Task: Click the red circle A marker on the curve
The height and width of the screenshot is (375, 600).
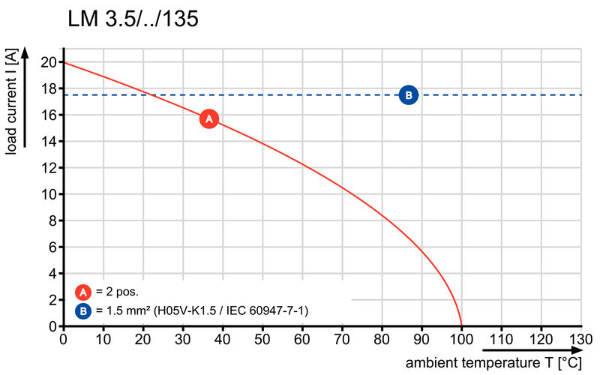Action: point(209,118)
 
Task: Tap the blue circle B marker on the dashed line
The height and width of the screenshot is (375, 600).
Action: point(408,94)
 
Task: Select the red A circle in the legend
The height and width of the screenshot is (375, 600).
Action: point(83,292)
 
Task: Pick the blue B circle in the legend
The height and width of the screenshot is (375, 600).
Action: point(83,310)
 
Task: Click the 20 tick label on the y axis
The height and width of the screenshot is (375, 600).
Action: point(49,62)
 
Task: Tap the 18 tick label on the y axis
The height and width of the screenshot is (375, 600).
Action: point(49,88)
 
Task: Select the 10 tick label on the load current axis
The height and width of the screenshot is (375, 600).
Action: point(49,194)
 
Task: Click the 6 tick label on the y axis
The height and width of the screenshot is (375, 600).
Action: point(52,247)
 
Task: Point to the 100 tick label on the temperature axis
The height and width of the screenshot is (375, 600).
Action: point(461,339)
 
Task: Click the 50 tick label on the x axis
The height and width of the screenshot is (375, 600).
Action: point(262,339)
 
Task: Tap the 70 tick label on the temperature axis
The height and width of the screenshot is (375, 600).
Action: point(342,339)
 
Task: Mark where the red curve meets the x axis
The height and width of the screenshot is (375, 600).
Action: point(461,326)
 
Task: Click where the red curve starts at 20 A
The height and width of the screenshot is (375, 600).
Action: point(63,62)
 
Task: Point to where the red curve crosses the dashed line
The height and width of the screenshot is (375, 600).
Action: point(150,94)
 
